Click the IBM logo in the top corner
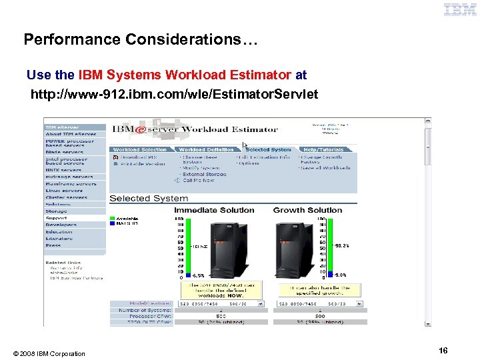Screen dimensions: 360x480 click(459, 9)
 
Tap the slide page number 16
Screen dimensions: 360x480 click(443, 351)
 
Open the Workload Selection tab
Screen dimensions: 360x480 click(140, 149)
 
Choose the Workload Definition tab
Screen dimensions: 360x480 click(207, 149)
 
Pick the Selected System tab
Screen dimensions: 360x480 click(269, 149)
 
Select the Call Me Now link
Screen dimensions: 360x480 click(198, 180)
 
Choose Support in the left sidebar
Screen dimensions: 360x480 click(56, 218)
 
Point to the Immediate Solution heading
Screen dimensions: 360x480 click(214, 210)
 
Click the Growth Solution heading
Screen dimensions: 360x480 click(307, 210)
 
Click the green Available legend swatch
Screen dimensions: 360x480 click(113, 218)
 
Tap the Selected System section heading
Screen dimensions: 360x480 click(149, 198)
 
